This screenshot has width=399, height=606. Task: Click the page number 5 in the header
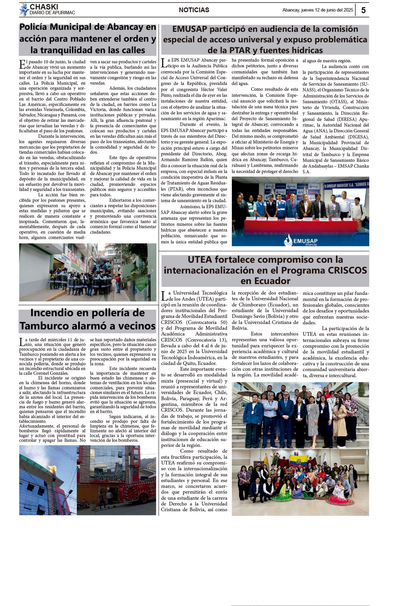[363, 10]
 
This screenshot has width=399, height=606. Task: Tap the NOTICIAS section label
[194, 10]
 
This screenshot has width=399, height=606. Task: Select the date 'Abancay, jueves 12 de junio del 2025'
[318, 10]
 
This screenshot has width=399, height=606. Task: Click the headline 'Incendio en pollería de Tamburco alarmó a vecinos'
[87, 319]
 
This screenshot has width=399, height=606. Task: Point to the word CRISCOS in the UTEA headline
[346, 270]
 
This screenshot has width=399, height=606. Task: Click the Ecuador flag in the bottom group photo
[299, 461]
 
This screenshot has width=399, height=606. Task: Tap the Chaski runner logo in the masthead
[24, 9]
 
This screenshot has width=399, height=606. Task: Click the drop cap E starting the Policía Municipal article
[22, 64]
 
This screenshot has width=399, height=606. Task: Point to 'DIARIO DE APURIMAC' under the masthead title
[52, 13]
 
